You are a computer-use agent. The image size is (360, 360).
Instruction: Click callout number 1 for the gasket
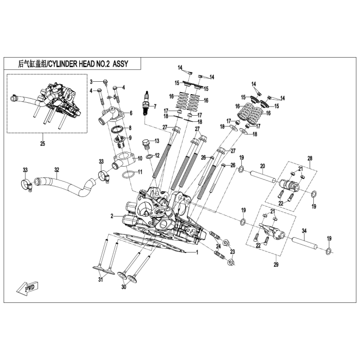(196, 253)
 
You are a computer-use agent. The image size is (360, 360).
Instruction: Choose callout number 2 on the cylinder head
(111, 216)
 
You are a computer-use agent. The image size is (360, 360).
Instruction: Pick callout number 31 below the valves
(101, 280)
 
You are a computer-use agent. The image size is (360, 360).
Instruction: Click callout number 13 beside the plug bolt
(157, 140)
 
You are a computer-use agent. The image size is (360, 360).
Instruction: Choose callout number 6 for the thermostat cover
(131, 113)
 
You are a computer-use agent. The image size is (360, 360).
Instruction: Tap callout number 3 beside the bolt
(91, 82)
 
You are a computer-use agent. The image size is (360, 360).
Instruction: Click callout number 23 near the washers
(232, 251)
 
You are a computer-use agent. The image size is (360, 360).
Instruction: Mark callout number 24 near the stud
(218, 246)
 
